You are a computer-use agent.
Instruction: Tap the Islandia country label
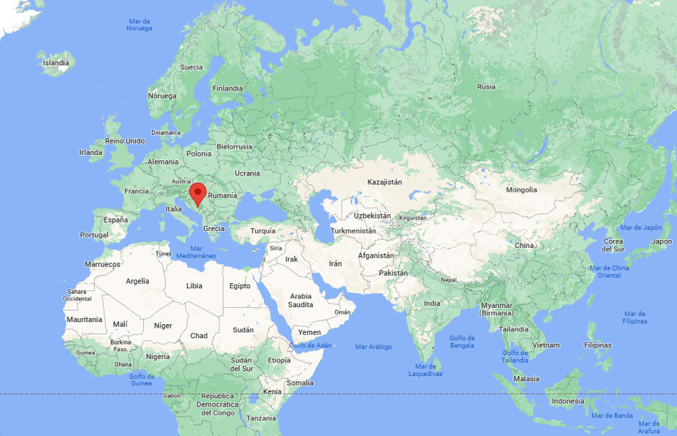pos(56,63)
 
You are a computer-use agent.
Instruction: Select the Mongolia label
pos(521,190)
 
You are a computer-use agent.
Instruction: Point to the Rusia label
pos(486,86)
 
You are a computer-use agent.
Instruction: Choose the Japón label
pos(661,241)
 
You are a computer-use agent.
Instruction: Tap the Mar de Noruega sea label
pos(139,25)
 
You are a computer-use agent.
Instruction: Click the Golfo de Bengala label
pos(462,342)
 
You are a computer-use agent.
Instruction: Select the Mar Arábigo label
pos(373,346)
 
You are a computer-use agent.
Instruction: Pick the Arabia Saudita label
pos(300,300)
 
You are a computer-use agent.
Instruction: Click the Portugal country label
pos(94,235)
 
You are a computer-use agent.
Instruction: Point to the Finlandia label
pos(227,88)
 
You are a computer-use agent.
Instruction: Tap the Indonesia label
pos(567,401)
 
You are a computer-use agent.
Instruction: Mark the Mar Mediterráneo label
pos(196,252)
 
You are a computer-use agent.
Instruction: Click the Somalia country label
pos(300,383)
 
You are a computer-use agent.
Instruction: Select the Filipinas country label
pos(597,345)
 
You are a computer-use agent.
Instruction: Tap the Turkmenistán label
pos(353,230)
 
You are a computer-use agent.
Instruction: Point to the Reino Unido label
pos(125,140)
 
